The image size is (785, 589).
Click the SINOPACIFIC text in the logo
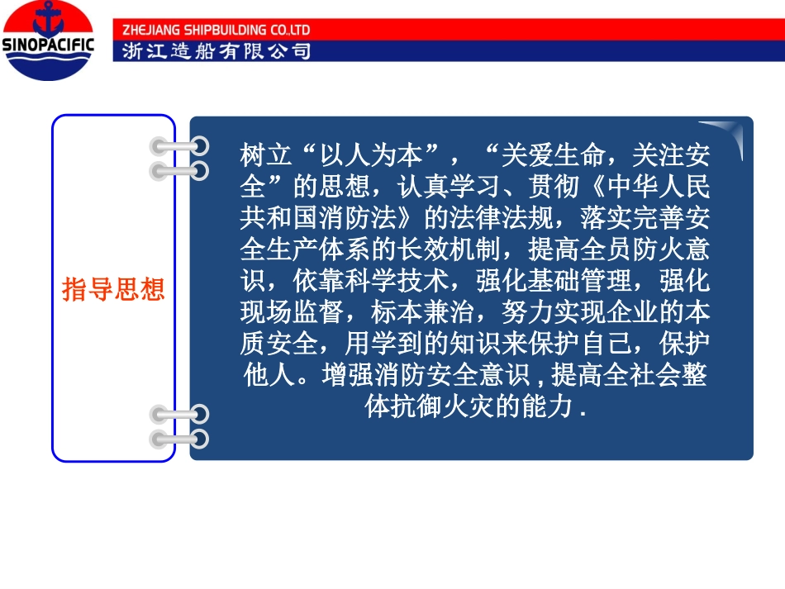point(50,44)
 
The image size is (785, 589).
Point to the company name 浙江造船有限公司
point(216,51)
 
